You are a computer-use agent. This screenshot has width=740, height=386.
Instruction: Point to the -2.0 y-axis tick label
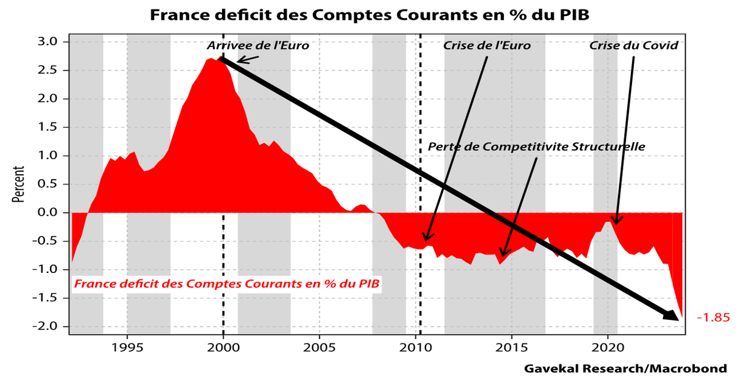point(47,327)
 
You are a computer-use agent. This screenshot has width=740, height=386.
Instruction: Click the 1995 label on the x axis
point(127,346)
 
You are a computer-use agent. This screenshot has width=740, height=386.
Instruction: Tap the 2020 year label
point(608,346)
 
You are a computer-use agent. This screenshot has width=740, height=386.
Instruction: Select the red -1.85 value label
point(713,318)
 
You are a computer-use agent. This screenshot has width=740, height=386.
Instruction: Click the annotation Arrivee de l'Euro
point(258,46)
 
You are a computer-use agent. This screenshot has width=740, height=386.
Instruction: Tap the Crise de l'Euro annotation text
point(487,46)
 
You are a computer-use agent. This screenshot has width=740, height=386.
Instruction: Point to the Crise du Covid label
point(633,46)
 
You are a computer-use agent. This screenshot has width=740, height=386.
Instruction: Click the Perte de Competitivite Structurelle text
point(536,147)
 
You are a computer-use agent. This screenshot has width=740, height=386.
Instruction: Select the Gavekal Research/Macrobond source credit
point(625,369)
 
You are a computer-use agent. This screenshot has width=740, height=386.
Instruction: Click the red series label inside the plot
point(227,284)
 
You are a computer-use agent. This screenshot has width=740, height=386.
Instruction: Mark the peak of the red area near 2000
point(212,59)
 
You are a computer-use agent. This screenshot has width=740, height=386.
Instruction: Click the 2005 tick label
point(319,346)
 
